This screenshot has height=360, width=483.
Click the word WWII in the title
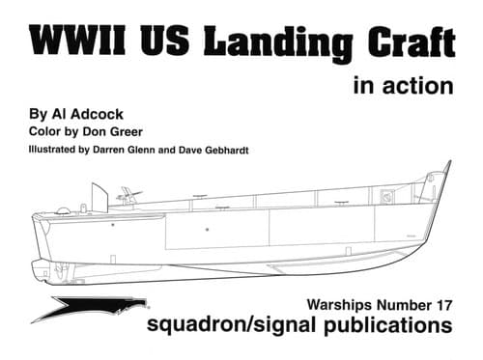[77, 40]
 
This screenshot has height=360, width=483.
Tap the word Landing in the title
[278, 42]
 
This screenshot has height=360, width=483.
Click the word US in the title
[164, 40]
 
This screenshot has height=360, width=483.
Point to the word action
[418, 86]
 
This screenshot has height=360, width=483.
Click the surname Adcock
[97, 114]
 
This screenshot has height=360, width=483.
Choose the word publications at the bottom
[388, 325]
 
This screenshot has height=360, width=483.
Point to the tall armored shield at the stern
[99, 197]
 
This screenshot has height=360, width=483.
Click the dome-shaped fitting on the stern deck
[63, 211]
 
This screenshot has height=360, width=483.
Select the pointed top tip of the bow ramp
[450, 161]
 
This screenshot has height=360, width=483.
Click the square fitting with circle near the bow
[386, 196]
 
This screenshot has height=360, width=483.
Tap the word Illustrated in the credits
[52, 150]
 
